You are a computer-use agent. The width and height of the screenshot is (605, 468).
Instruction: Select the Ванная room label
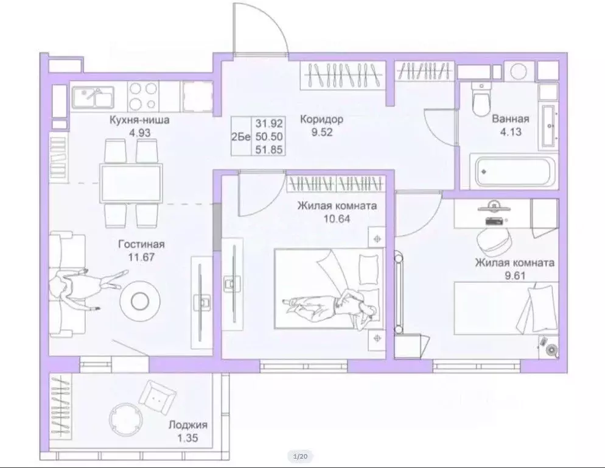click(x=510, y=119)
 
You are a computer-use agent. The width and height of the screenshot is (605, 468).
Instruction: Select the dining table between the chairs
click(x=131, y=182)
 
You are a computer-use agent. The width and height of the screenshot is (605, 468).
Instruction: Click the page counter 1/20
click(x=301, y=456)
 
